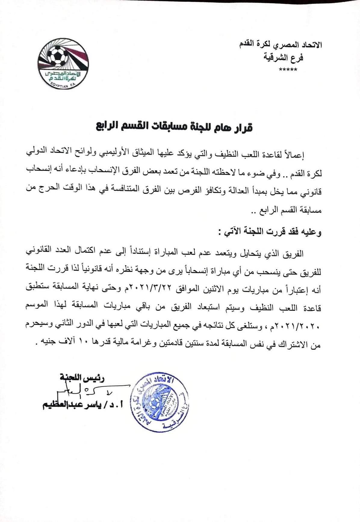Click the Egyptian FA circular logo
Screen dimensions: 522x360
click(63, 63)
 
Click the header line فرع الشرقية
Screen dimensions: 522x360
click(283, 58)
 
